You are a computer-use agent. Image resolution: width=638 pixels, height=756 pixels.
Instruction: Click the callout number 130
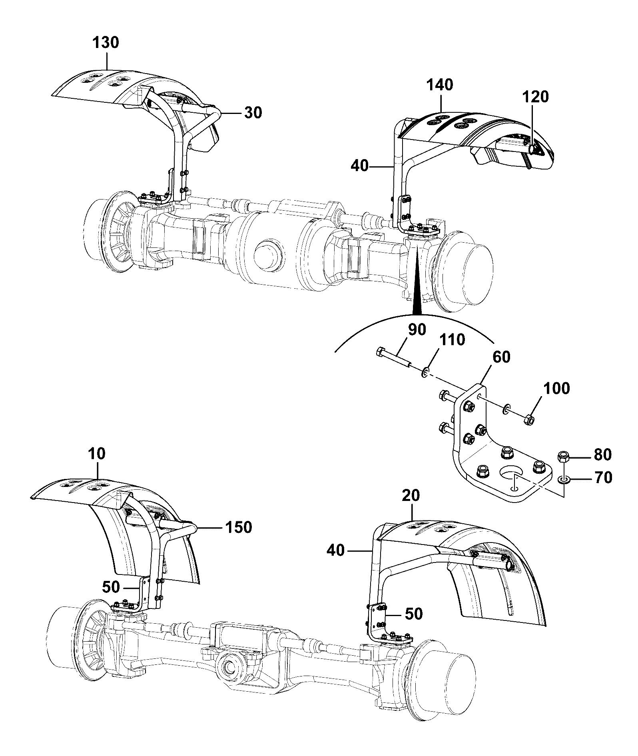(x=106, y=42)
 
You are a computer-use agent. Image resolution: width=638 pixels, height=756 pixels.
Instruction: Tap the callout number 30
(x=253, y=113)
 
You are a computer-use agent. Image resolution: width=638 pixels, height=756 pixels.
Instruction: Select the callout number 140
(x=440, y=85)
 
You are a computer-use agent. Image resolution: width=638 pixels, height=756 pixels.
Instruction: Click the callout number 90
(x=417, y=330)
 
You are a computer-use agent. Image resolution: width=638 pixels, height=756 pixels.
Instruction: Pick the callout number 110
(x=452, y=340)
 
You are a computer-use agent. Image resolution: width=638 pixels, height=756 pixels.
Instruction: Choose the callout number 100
(x=557, y=389)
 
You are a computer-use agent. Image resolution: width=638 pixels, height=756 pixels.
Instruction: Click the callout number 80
(x=603, y=455)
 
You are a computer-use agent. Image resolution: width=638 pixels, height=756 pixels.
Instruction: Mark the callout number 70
(x=603, y=478)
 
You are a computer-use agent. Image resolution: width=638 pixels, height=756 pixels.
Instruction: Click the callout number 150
(x=238, y=527)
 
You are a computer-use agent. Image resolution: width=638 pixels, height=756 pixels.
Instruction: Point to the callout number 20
(x=411, y=496)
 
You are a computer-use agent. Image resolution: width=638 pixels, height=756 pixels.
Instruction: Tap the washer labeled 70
(x=563, y=479)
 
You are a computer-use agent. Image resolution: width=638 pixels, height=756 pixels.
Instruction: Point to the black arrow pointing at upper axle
(x=417, y=286)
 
